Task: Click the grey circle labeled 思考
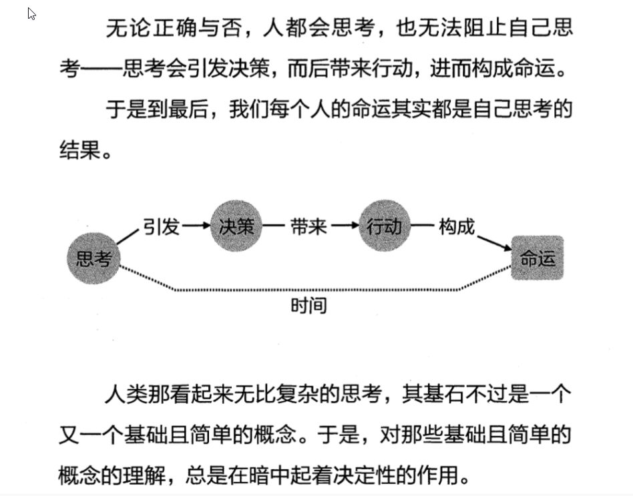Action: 93,258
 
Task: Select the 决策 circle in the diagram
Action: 237,226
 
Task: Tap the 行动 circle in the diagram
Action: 385,226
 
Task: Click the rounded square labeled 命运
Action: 538,258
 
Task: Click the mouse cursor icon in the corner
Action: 31,13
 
